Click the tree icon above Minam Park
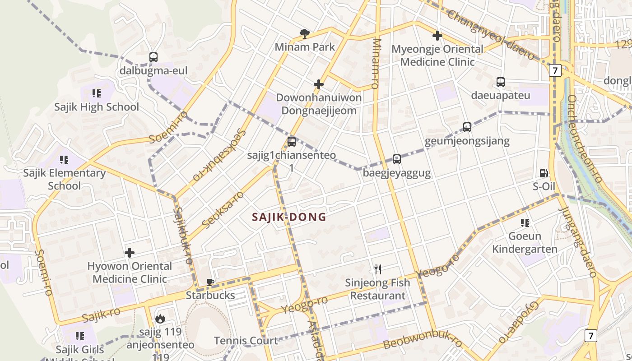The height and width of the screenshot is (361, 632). click(x=305, y=34)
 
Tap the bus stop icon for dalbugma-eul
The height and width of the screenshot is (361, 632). click(x=153, y=57)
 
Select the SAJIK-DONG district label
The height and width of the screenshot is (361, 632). click(x=289, y=217)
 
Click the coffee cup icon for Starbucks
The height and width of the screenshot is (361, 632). click(x=210, y=282)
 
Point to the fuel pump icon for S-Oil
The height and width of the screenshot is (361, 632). click(x=544, y=173)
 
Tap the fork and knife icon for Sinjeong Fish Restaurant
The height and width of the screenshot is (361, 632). click(x=378, y=269)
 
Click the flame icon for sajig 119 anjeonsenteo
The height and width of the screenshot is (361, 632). click(x=160, y=319)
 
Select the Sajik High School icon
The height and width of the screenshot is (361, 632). click(x=97, y=93)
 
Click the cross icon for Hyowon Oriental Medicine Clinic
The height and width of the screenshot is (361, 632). click(x=130, y=253)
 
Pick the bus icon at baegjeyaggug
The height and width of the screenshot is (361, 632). click(x=397, y=159)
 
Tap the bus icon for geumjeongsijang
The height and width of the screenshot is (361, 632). click(x=467, y=127)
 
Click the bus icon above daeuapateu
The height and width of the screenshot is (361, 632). click(x=501, y=82)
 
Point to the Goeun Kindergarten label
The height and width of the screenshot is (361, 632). click(x=525, y=242)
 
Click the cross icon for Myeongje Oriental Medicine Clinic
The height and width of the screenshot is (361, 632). click(x=437, y=36)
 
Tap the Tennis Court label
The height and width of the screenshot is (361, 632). click(x=246, y=341)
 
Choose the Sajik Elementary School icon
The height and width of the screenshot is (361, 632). click(x=64, y=159)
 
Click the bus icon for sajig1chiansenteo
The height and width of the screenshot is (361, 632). click(x=292, y=142)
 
